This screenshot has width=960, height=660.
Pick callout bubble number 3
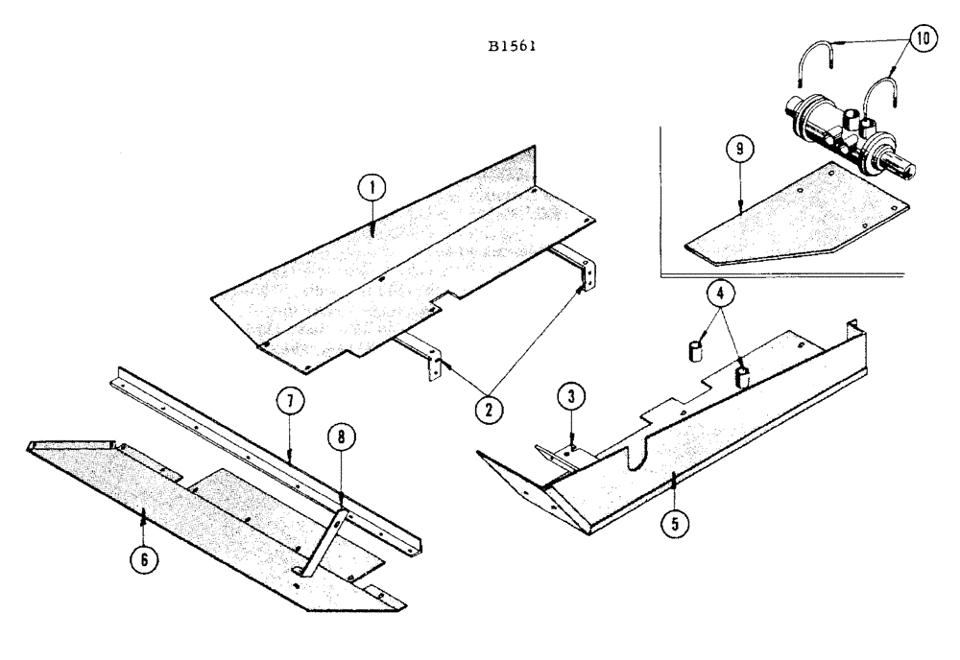[x=570, y=394]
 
